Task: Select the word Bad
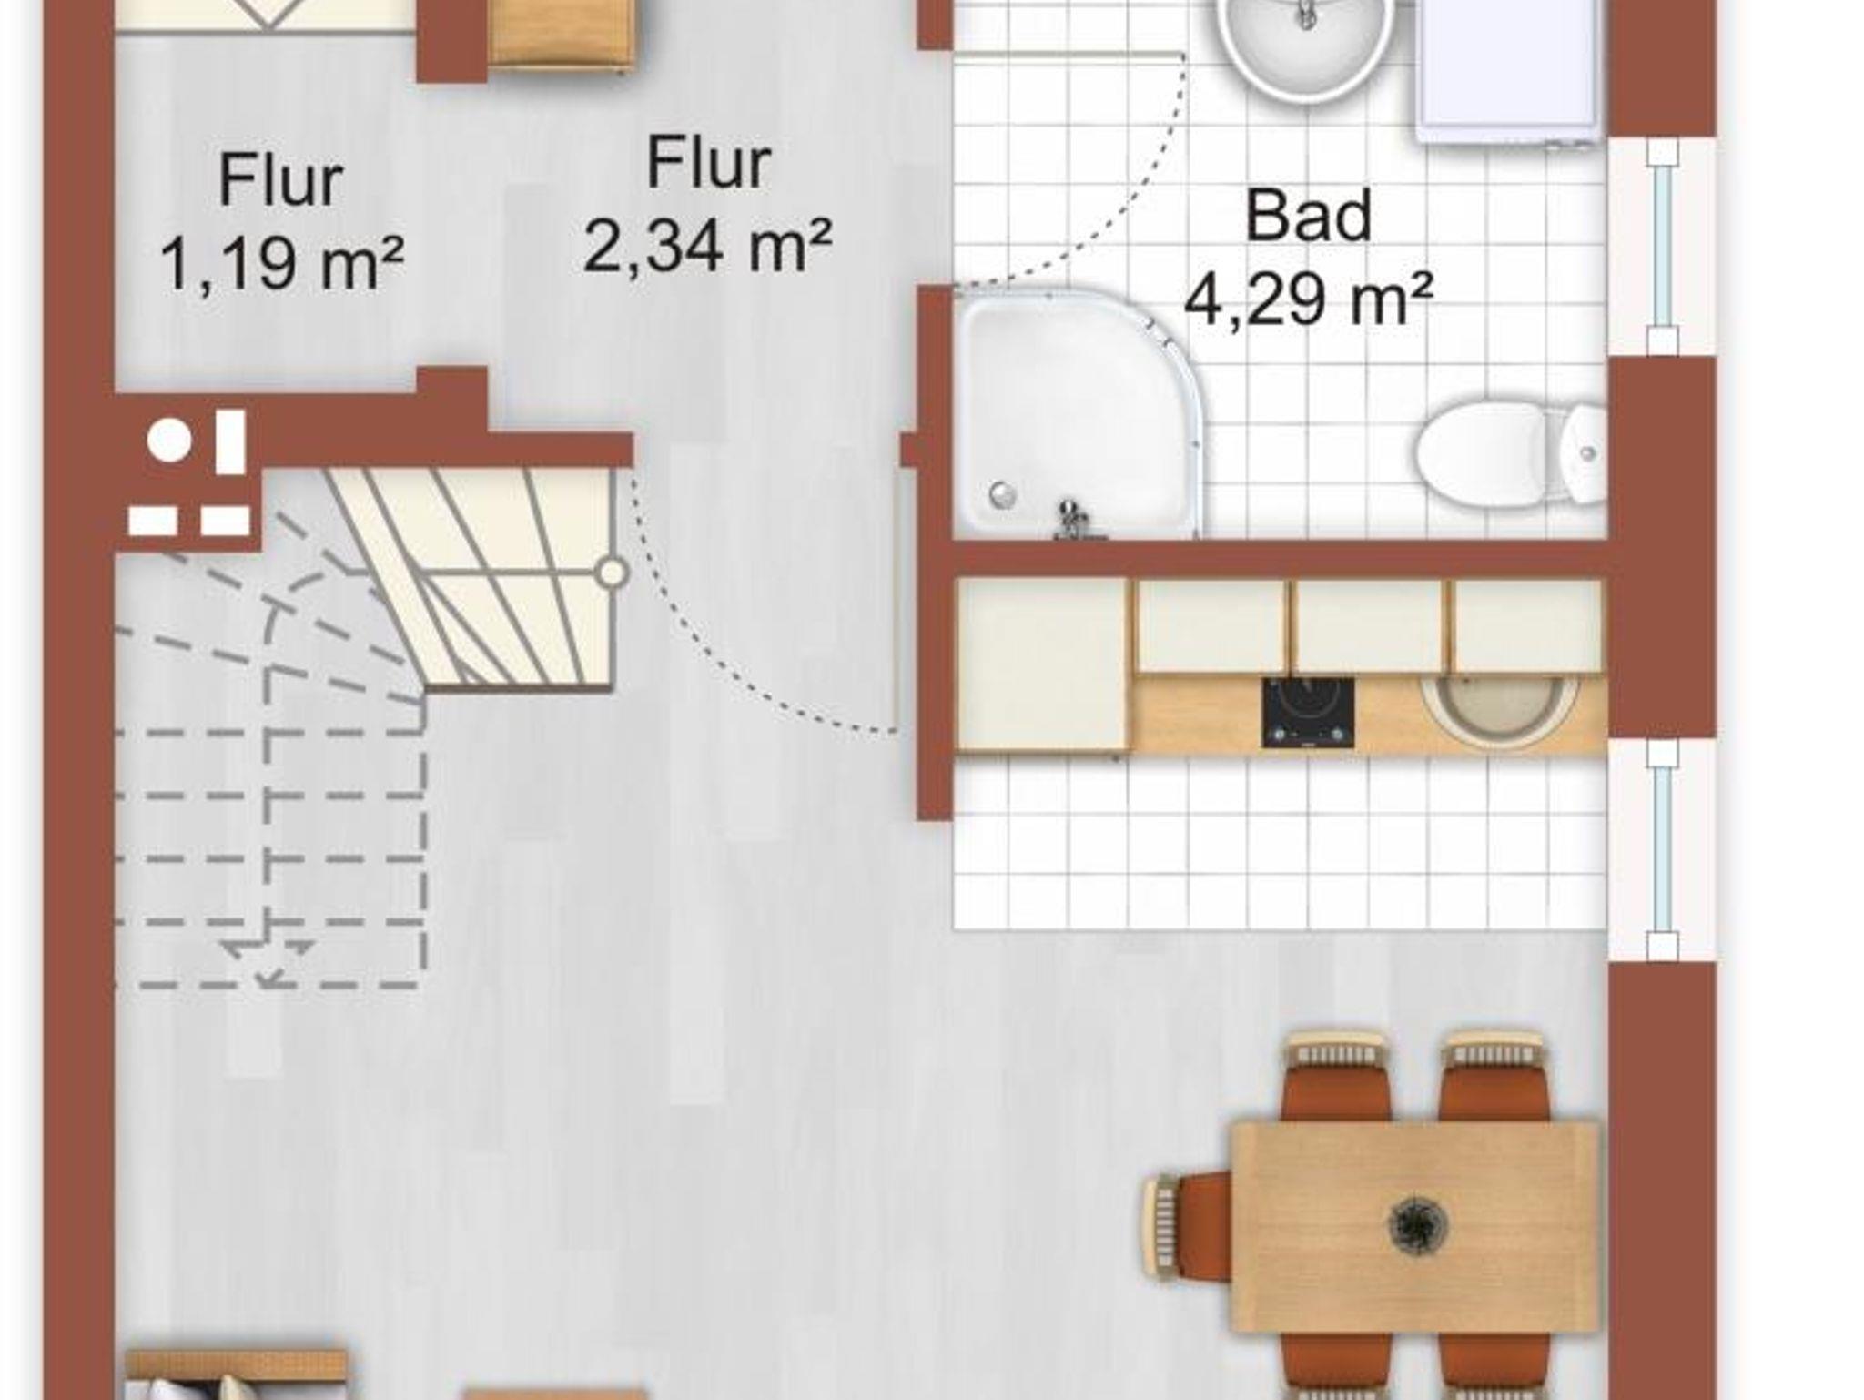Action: pos(1308,216)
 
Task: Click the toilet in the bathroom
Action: pos(1511,451)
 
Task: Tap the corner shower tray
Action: pos(1079,414)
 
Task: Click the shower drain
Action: pos(1002,494)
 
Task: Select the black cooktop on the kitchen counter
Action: pos(1307,713)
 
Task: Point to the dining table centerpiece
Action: pos(1417,1224)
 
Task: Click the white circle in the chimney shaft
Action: pos(169,441)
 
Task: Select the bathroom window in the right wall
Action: pos(1662,247)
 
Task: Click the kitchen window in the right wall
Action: pos(1662,849)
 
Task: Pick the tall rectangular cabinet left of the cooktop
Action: pos(1043,665)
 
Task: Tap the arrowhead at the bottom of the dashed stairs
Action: pos(269,977)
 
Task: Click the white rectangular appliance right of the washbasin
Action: pos(1507,68)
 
